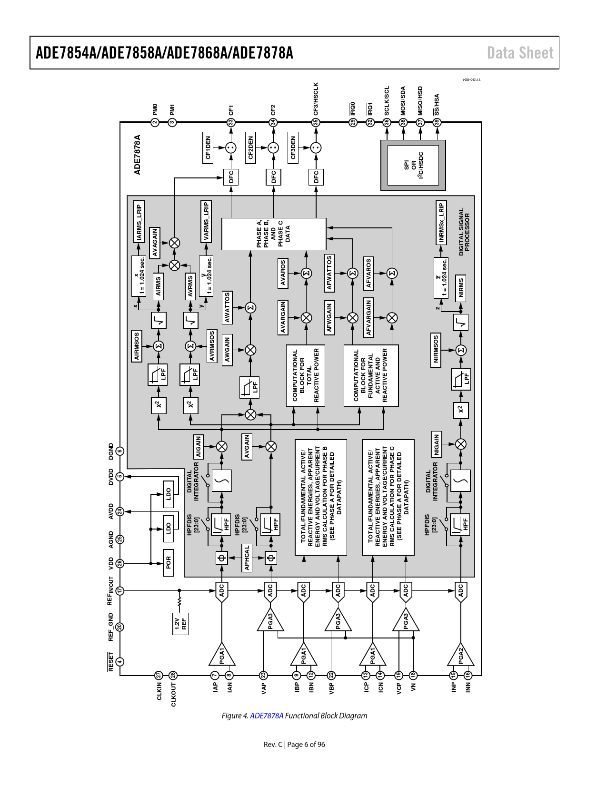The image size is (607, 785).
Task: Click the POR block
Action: [168, 562]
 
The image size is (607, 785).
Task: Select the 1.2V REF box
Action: [180, 624]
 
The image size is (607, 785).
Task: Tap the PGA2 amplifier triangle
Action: [460, 655]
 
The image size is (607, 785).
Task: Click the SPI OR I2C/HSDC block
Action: [413, 165]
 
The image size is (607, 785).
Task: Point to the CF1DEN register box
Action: [208, 148]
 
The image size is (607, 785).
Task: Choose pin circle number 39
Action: [437, 122]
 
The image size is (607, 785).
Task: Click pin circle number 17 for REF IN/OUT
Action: [119, 590]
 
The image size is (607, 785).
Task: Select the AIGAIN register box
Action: [198, 447]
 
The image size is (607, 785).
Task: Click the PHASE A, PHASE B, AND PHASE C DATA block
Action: [274, 234]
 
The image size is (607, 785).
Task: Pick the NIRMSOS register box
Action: [436, 350]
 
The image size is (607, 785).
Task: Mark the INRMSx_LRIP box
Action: [441, 223]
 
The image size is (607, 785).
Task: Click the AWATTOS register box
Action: [227, 307]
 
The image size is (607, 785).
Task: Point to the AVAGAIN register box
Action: [155, 243]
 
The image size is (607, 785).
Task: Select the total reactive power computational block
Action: [306, 375]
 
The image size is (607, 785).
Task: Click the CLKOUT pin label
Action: [173, 694]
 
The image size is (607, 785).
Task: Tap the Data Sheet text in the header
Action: [520, 53]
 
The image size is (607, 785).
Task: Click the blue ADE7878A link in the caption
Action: [267, 716]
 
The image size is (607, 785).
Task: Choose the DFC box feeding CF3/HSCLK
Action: [316, 177]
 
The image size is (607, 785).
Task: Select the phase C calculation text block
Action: [388, 497]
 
